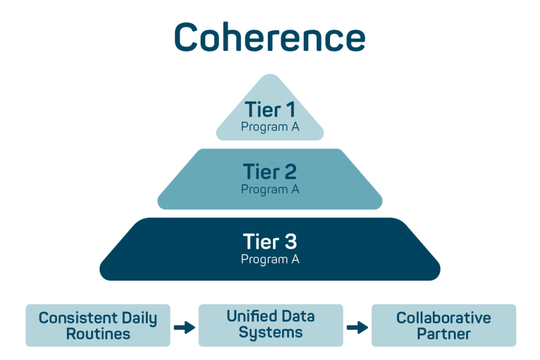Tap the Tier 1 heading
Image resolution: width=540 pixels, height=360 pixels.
[x=269, y=110]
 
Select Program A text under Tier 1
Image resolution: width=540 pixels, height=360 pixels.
[x=270, y=127]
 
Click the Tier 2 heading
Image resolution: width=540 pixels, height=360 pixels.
[x=269, y=172]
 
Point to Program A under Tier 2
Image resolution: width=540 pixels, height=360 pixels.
[x=270, y=189]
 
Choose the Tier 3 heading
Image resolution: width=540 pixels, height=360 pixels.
[x=269, y=242]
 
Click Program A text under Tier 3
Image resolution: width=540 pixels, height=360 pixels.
[x=270, y=259]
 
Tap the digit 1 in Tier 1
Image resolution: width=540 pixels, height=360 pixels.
[x=291, y=110]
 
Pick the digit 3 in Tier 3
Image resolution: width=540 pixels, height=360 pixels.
[x=290, y=242]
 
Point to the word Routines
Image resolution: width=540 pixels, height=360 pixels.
[x=98, y=334]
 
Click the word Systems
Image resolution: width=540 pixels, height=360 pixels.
[x=271, y=333]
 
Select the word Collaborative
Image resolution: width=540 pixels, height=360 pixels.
[x=443, y=318]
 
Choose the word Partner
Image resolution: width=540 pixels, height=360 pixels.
[x=443, y=334]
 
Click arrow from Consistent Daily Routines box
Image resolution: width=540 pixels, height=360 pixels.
[x=184, y=327]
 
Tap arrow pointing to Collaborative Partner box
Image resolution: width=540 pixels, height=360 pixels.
[x=357, y=327]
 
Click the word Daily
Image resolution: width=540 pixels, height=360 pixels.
[x=138, y=318]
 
